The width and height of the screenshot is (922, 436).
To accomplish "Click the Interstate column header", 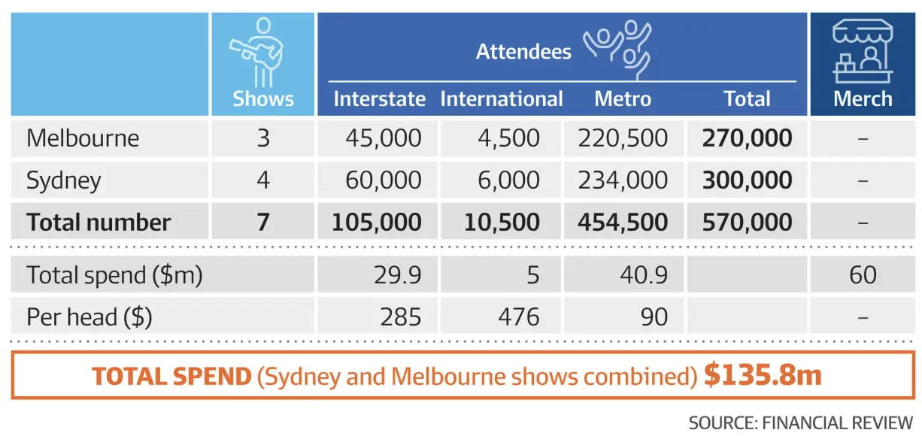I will [x=379, y=99].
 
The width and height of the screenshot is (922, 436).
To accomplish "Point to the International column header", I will [x=501, y=99].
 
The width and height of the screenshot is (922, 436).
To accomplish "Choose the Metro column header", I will [x=622, y=99].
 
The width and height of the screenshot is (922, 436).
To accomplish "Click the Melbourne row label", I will [x=83, y=138].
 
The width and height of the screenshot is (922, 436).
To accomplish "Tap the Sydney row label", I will [x=63, y=180].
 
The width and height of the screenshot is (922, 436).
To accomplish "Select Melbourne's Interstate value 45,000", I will [x=384, y=138].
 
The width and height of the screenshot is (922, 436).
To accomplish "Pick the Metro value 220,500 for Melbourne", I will [x=623, y=138].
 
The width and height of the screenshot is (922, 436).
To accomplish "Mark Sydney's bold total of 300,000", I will [x=746, y=180].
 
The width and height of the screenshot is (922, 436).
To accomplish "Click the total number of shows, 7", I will [x=262, y=223].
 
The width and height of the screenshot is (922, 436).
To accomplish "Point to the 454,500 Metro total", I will [x=623, y=223].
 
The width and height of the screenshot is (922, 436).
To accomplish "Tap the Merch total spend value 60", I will [x=862, y=274].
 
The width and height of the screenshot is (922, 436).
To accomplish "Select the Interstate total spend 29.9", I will [x=397, y=274].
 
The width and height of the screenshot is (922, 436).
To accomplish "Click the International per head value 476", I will [x=518, y=316].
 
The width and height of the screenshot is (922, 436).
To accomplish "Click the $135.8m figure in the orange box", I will [x=763, y=375].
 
